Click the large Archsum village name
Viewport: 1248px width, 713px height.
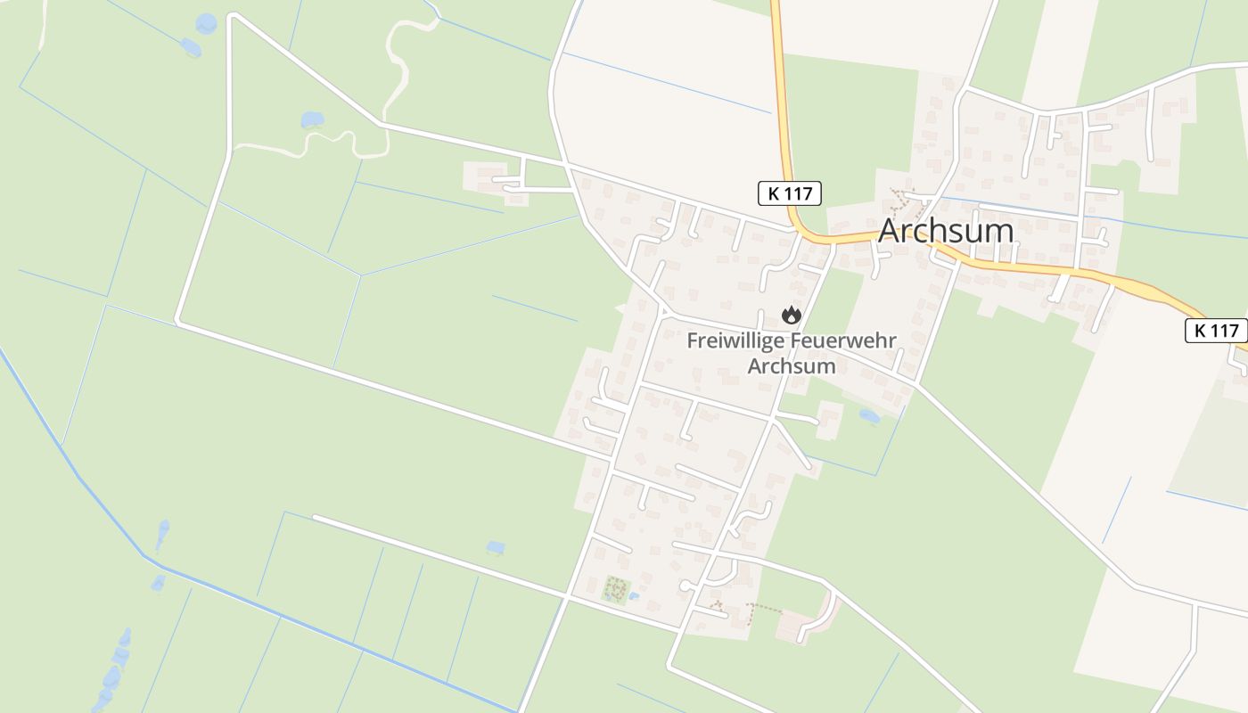click(946, 231)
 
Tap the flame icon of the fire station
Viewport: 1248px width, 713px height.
click(791, 315)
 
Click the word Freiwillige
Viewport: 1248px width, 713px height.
click(736, 341)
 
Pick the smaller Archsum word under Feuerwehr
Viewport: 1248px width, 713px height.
click(792, 365)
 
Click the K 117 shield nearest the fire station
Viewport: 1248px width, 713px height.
click(789, 193)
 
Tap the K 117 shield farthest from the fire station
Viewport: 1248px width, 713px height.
click(1216, 331)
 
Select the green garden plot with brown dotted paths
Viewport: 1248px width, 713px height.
click(616, 588)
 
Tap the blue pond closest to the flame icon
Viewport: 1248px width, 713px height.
click(868, 415)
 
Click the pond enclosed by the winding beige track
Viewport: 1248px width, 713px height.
click(312, 119)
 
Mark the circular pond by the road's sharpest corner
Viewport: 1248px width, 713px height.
click(206, 23)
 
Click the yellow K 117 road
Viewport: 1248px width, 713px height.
click(783, 107)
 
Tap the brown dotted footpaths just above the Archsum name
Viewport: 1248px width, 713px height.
click(904, 201)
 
